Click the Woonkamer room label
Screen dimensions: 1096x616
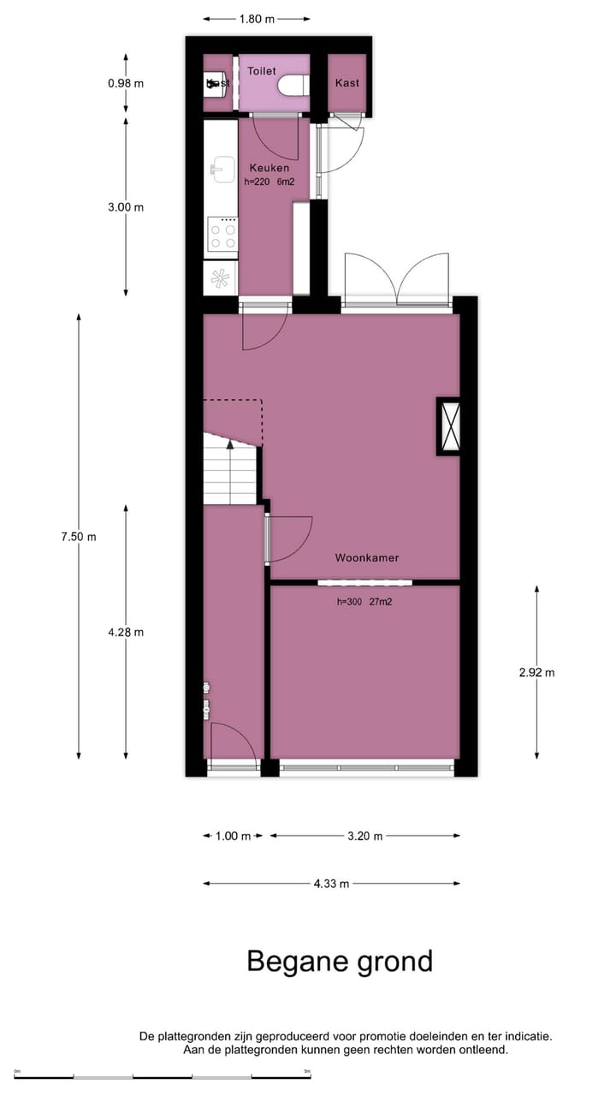tap(366, 557)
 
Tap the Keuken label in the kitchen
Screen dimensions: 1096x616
tap(269, 168)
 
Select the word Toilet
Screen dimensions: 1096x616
tap(262, 71)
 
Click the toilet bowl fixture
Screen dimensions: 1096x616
tap(293, 86)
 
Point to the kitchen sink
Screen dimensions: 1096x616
tap(222, 169)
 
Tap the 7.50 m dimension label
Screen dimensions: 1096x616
tap(79, 537)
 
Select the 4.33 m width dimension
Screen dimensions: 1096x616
tap(332, 885)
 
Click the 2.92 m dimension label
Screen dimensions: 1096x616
tap(536, 672)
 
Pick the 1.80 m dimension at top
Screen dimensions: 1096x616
tap(257, 18)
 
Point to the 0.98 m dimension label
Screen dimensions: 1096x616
tap(126, 84)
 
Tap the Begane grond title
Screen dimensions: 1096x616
tap(340, 961)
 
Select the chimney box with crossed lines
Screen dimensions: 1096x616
tap(448, 426)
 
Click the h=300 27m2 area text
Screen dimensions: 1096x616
tap(364, 602)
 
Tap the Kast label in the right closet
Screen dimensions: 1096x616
tap(347, 83)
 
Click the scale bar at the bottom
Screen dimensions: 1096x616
tap(163, 1075)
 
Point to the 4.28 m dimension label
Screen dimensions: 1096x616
tap(126, 632)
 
